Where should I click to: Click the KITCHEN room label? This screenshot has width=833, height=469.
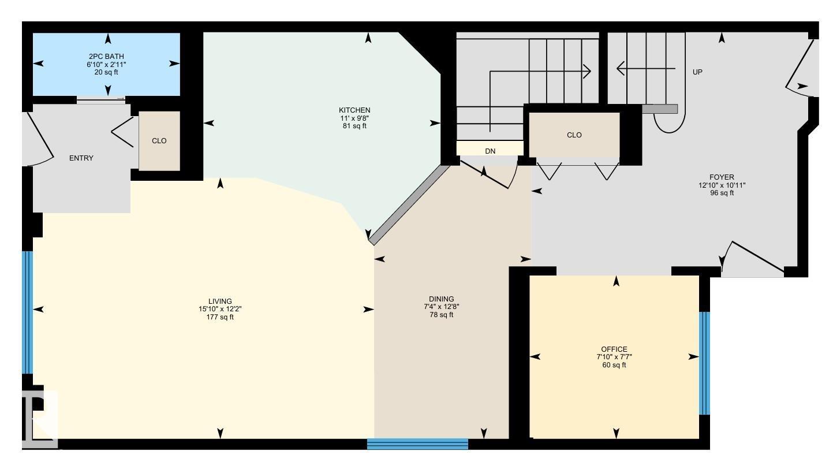[x=354, y=110]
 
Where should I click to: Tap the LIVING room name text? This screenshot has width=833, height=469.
[x=220, y=301]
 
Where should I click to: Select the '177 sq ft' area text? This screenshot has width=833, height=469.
[x=220, y=317]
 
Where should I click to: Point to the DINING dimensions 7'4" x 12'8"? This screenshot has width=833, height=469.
[x=441, y=307]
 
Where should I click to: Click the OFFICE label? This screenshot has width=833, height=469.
[x=614, y=349]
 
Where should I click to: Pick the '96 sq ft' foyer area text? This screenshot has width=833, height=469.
[x=722, y=193]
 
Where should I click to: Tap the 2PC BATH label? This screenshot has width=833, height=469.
[x=106, y=57]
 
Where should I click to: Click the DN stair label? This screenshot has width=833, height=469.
[x=490, y=151]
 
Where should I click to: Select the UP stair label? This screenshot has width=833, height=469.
[x=697, y=72]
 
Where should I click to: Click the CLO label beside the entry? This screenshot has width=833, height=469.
[x=159, y=141]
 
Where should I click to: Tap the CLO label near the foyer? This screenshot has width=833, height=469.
[x=574, y=135]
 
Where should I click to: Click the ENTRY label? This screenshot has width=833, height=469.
[x=81, y=158]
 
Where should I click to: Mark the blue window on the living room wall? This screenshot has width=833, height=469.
[x=27, y=312]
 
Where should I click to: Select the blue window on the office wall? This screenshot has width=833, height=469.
[x=704, y=363]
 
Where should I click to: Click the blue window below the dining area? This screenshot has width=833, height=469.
[x=417, y=444]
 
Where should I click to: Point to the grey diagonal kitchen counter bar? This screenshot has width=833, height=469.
[x=409, y=204]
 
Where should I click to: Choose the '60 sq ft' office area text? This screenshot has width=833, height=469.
[x=614, y=365]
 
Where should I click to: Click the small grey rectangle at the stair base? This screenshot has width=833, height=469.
[x=659, y=109]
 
